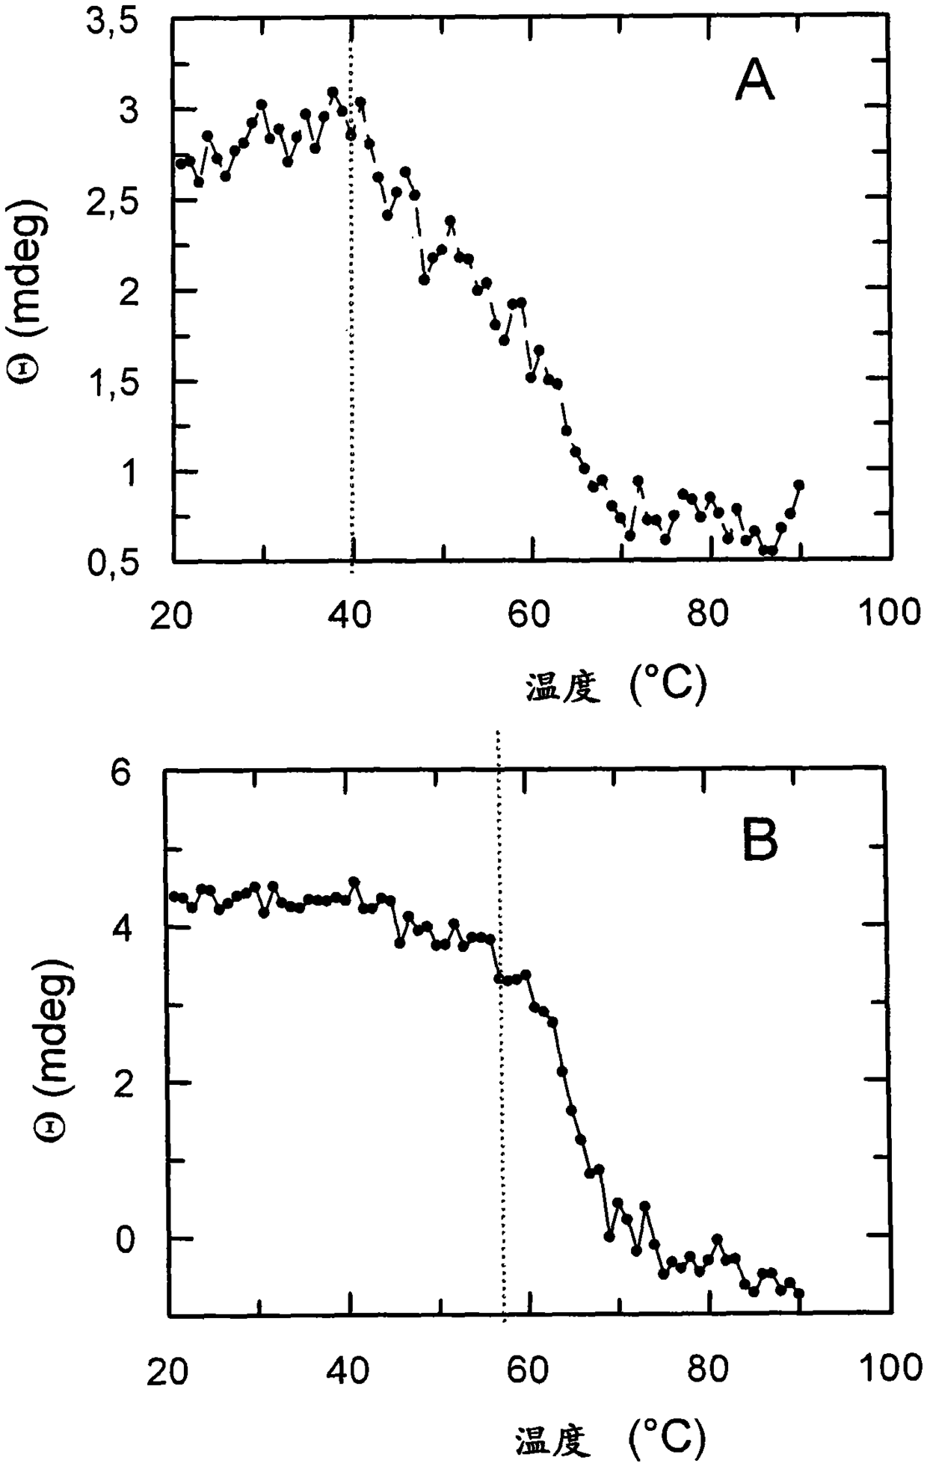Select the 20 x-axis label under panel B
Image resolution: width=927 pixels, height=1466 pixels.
point(167,1372)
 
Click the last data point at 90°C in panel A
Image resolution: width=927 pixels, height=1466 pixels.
point(798,485)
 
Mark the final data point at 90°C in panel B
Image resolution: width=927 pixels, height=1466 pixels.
point(798,1293)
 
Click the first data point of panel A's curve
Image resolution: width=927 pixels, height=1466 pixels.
point(180,162)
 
